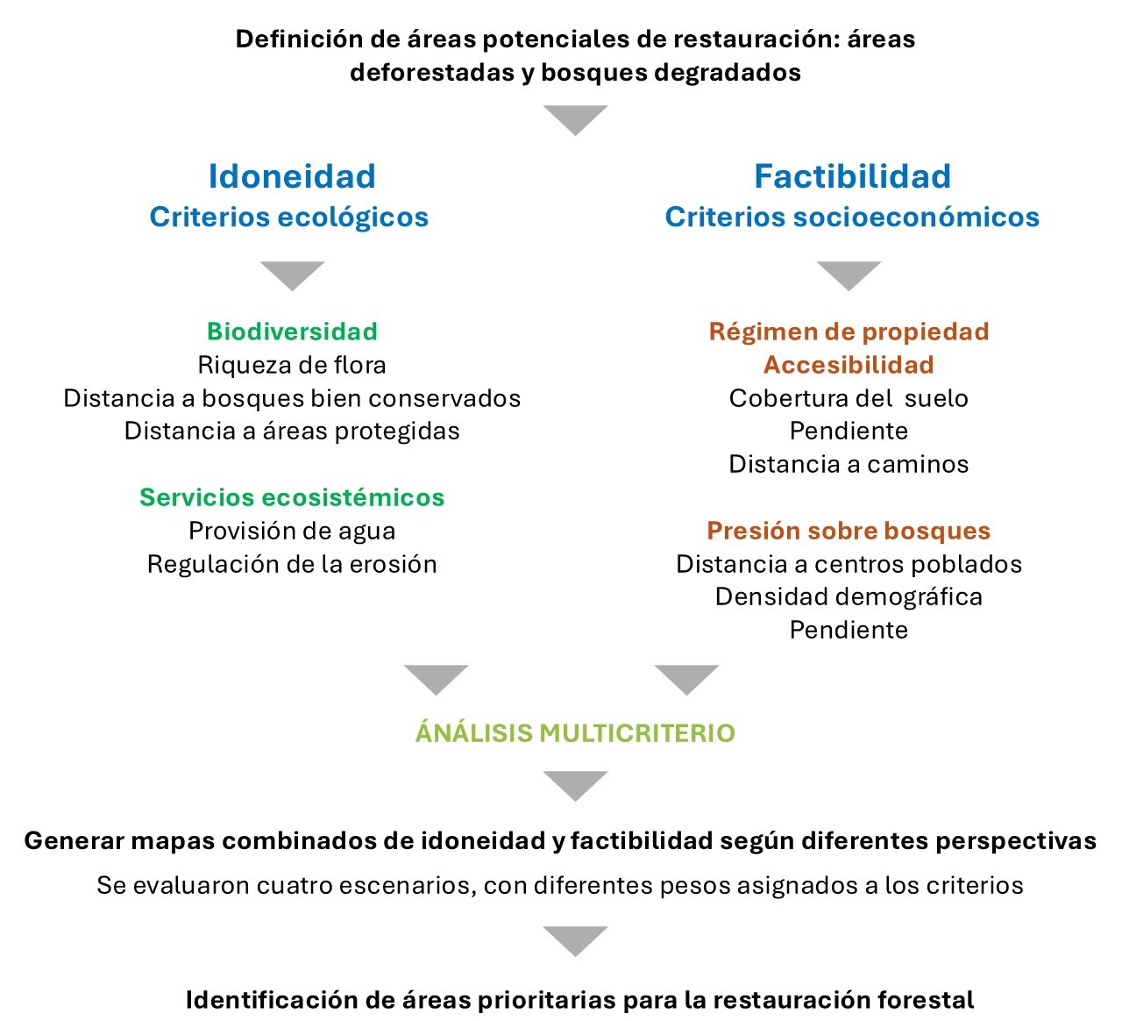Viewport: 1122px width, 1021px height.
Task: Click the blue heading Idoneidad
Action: point(292,176)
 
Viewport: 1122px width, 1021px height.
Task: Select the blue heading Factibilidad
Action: point(852,176)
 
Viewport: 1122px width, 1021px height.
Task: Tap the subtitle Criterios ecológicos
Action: point(288,217)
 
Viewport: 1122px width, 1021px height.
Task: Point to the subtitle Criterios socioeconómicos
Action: point(852,217)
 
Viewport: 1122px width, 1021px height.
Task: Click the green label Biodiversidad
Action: point(292,332)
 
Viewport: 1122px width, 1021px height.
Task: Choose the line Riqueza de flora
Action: point(292,365)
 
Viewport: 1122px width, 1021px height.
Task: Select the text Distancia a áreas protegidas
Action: point(292,431)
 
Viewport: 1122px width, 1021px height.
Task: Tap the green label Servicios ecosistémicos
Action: point(292,497)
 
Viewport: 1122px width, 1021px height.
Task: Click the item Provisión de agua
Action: point(292,531)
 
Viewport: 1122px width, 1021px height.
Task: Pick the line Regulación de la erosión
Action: point(292,564)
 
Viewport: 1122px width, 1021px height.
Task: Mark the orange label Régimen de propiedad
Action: point(849,332)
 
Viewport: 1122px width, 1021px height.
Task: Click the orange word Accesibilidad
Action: point(849,365)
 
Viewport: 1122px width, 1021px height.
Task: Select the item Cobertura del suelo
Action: point(849,398)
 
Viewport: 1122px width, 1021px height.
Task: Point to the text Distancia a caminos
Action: point(849,464)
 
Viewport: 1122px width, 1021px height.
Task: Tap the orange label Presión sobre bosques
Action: point(849,531)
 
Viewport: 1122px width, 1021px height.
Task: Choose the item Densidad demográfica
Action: point(849,596)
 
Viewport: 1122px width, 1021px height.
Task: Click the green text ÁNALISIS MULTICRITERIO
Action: point(575,732)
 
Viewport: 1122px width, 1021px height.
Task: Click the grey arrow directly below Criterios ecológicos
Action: point(292,274)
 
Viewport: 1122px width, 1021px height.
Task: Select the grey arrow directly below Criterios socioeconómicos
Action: point(849,274)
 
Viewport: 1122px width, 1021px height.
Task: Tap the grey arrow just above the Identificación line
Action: point(575,939)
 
